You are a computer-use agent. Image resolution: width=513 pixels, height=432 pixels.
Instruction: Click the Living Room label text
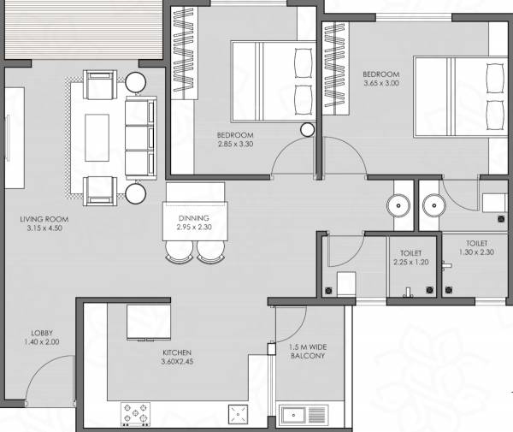click(44, 224)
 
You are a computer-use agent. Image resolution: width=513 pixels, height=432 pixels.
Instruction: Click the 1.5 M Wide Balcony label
click(308, 352)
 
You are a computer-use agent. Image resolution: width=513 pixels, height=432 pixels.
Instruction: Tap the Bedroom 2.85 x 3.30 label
click(234, 140)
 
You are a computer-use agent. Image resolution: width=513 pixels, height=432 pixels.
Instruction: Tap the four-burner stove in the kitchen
click(134, 413)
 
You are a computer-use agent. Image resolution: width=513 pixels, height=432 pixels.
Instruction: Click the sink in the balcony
click(296, 415)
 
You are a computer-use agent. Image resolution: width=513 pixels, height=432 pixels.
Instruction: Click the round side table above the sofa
click(136, 81)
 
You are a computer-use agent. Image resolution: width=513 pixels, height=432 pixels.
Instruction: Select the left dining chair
click(179, 250)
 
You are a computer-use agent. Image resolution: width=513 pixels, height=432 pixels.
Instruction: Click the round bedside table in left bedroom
click(308, 129)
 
